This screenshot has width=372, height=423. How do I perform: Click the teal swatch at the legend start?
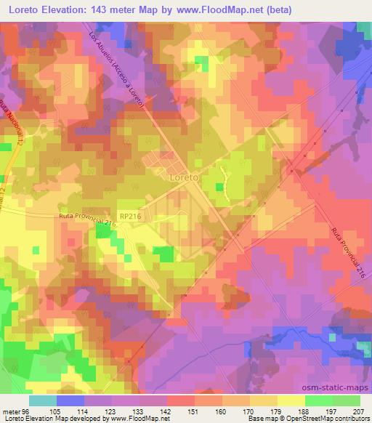point(43,400)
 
